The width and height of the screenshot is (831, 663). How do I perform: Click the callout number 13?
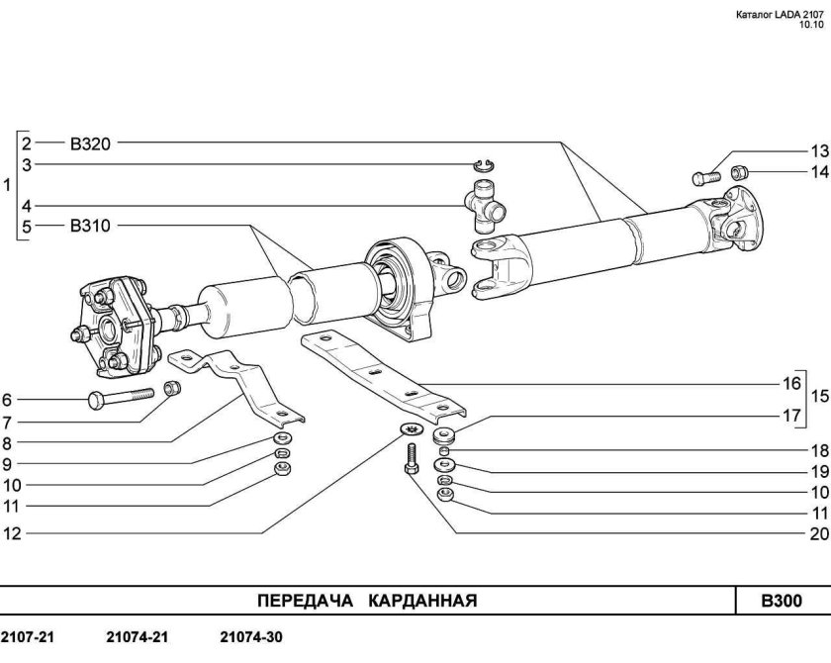click(x=818, y=151)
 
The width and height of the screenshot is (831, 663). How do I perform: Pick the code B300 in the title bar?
click(x=781, y=601)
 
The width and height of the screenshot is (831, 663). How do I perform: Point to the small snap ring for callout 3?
click(x=484, y=164)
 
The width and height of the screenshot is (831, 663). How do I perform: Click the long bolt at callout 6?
click(x=124, y=399)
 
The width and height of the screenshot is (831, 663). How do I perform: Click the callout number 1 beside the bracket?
click(x=8, y=185)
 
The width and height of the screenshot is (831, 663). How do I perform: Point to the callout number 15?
click(x=819, y=397)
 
